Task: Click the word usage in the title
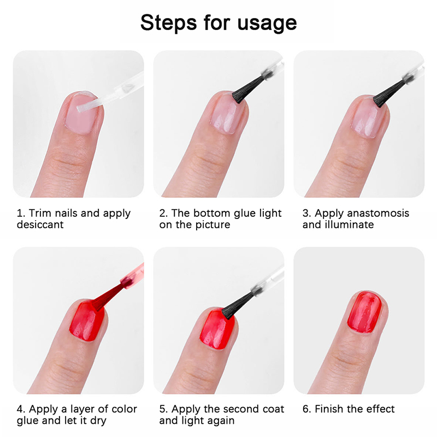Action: pyautogui.click(x=267, y=23)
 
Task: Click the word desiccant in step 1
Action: pyautogui.click(x=40, y=225)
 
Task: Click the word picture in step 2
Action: pyautogui.click(x=212, y=225)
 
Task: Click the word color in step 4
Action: pyautogui.click(x=124, y=409)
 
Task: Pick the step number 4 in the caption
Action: pyautogui.click(x=21, y=409)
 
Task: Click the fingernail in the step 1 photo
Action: pyautogui.click(x=81, y=113)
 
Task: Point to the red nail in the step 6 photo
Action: pyautogui.click(x=364, y=312)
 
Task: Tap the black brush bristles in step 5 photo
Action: pyautogui.click(x=238, y=305)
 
